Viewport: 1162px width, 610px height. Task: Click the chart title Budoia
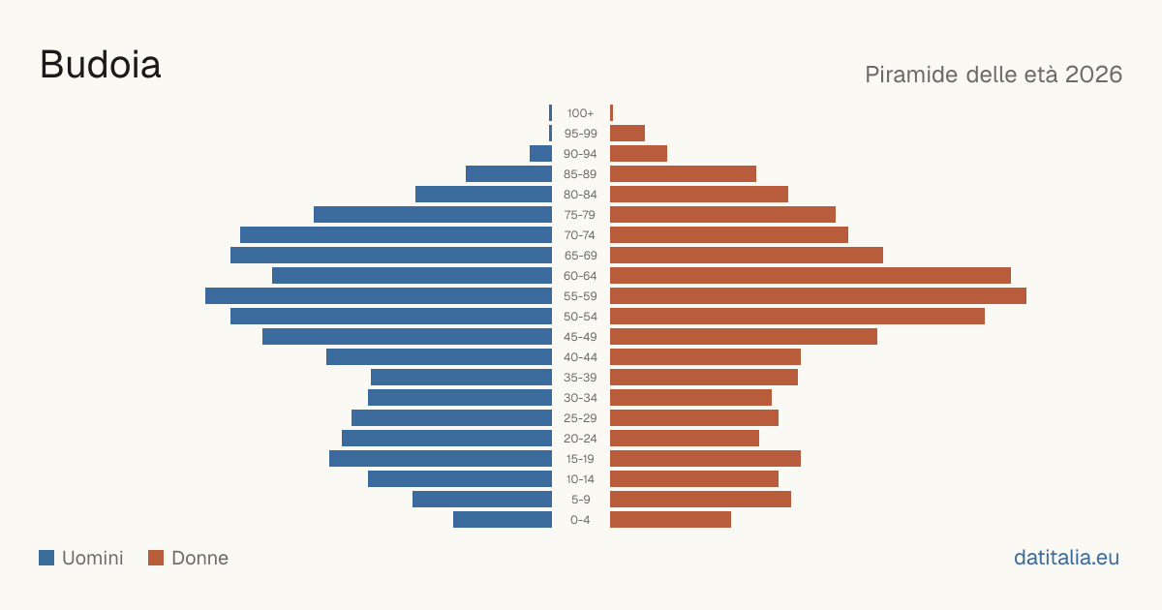click(101, 65)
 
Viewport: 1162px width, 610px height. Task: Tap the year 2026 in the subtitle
click(1093, 75)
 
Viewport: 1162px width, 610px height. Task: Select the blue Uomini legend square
click(46, 558)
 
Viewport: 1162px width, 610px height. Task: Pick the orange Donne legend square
click(156, 558)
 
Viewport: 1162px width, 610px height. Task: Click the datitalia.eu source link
click(1066, 558)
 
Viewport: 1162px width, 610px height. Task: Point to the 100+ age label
click(580, 113)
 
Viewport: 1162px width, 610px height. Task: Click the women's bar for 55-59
click(818, 295)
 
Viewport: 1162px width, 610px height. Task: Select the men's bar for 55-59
click(379, 295)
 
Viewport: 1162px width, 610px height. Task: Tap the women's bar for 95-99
click(627, 134)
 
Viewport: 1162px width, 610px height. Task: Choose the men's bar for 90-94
click(540, 154)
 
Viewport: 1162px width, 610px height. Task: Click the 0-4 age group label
click(580, 520)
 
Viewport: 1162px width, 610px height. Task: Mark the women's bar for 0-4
click(670, 520)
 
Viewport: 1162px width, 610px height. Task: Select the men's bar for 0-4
click(503, 520)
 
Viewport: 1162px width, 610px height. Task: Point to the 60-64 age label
click(580, 275)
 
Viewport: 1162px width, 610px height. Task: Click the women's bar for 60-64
click(810, 275)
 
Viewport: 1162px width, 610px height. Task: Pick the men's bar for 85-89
click(509, 173)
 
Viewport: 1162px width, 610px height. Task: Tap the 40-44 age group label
click(580, 357)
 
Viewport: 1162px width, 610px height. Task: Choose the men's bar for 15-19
click(441, 459)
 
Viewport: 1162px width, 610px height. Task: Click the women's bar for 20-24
click(685, 439)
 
